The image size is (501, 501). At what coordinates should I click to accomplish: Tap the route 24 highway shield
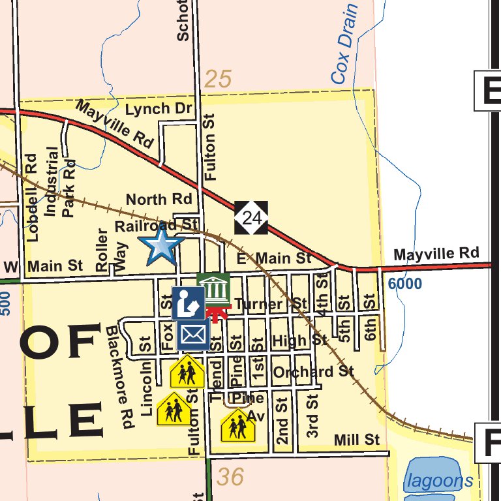[x=251, y=218]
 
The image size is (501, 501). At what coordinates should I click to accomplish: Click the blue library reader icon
[x=189, y=303]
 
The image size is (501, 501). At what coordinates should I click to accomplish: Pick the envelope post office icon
[x=192, y=335]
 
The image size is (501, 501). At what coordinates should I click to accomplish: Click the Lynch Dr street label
[x=157, y=109]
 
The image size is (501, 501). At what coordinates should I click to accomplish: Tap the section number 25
[x=218, y=80]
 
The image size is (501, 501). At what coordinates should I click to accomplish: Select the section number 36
[x=230, y=477]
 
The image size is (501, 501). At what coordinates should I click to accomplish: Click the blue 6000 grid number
[x=404, y=284]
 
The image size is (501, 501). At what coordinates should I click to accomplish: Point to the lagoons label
[x=439, y=481]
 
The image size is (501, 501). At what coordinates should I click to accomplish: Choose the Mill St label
[x=356, y=440]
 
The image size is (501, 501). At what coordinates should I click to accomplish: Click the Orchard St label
[x=313, y=372]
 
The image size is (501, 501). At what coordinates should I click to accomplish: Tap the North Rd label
[x=159, y=199]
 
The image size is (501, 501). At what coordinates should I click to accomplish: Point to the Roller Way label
[x=110, y=249]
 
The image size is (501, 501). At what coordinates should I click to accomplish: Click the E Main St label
[x=274, y=258]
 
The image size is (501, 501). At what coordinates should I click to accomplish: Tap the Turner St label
[x=271, y=304]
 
